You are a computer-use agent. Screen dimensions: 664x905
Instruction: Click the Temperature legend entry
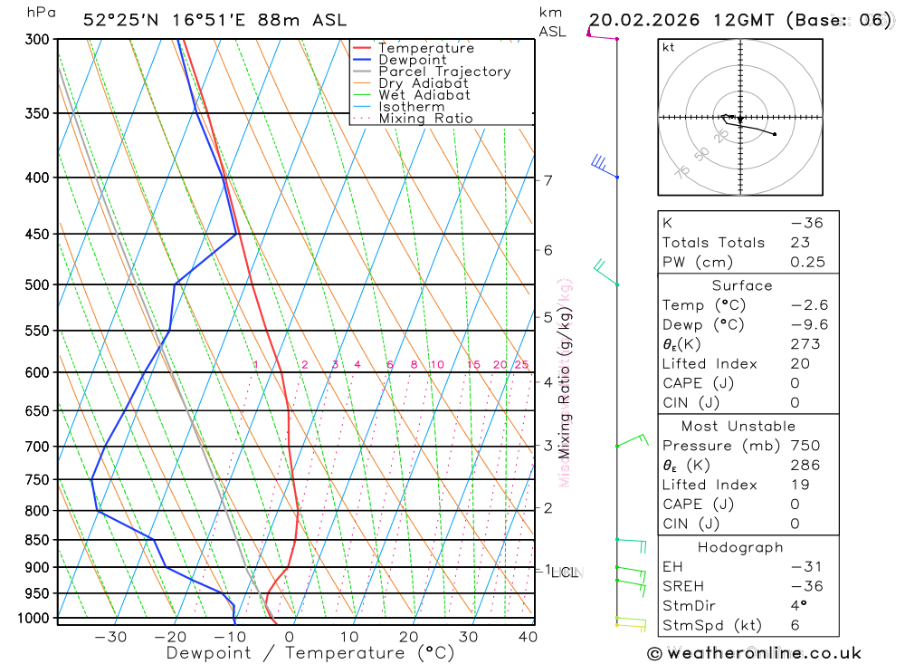[x=425, y=48]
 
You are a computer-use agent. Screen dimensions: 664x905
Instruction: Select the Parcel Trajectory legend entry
[x=444, y=72]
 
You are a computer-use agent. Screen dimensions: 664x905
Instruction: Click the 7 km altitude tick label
[x=548, y=179]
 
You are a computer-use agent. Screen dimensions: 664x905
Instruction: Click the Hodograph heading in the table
[x=740, y=547]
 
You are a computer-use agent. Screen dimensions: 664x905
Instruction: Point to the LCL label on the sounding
[x=566, y=572]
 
